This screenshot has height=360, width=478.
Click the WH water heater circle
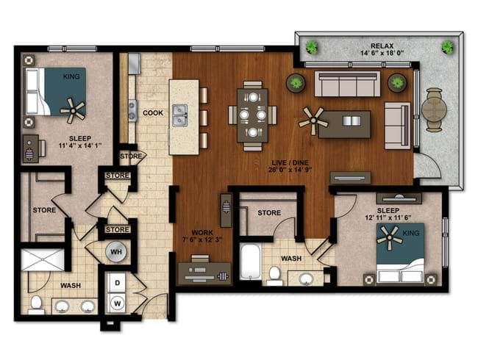point(116,251)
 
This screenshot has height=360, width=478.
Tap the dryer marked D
point(118,283)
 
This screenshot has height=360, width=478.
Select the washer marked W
point(117,303)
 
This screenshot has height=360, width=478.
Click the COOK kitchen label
point(153,112)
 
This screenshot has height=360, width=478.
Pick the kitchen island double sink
point(180,115)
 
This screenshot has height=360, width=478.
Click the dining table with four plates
point(252,115)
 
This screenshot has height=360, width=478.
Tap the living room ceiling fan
point(313,121)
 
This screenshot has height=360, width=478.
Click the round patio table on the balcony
point(434,109)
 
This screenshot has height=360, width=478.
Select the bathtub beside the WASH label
point(250,263)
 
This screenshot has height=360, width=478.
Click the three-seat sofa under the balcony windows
point(347,84)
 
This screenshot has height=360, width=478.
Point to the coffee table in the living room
point(344,124)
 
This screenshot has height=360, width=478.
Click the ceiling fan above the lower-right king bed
point(390,237)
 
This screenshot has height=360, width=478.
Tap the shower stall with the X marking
point(43,259)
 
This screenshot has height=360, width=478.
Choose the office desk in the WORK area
point(204,273)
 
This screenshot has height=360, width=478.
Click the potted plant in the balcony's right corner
point(448,47)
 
